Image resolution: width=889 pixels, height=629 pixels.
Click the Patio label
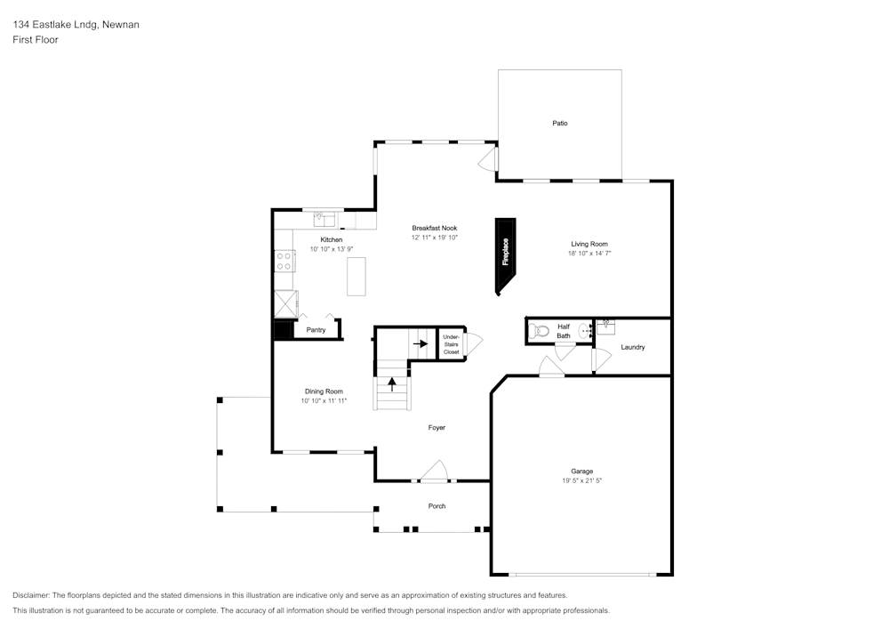(559, 123)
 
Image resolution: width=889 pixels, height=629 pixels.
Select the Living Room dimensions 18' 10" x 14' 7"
(589, 254)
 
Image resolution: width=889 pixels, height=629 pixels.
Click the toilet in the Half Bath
(538, 332)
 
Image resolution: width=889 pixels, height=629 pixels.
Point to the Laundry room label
(632, 347)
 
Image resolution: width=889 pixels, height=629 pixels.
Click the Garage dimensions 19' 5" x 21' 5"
(582, 480)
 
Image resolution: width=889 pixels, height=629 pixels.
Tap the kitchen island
(356, 276)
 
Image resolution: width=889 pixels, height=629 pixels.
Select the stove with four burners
(284, 261)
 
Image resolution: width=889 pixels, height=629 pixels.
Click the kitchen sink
(324, 217)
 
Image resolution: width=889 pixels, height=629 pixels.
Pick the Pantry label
(316, 330)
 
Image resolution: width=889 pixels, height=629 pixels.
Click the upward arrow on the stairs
(392, 384)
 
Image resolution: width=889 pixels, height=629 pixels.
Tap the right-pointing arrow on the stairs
(420, 343)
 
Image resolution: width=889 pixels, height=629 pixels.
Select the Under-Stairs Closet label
(451, 344)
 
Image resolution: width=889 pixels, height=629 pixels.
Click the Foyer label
(436, 428)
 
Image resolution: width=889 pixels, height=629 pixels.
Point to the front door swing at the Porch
(433, 471)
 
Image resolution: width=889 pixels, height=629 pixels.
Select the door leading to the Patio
(488, 160)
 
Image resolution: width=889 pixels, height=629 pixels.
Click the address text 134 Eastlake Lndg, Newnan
(76, 25)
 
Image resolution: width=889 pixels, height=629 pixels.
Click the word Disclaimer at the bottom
(31, 595)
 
